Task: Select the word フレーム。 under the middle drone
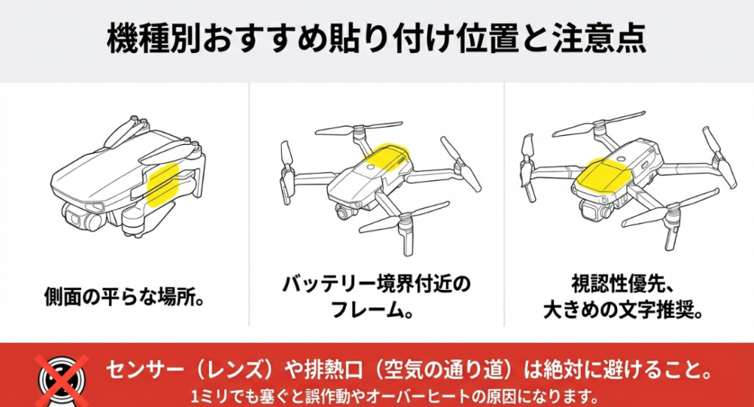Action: pos(376,309)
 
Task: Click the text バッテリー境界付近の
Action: pos(376,284)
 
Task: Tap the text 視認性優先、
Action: pos(623,284)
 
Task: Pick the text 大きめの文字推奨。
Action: pos(623,309)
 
